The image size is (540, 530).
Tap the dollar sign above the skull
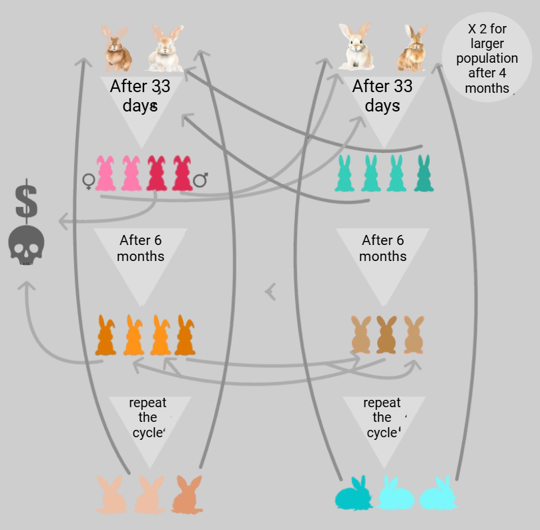click(27, 200)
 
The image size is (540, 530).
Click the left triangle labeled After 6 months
click(140, 257)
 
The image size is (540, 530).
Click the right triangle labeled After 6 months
click(382, 257)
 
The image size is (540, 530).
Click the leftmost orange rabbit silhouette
click(106, 335)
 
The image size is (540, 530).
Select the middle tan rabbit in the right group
click(386, 334)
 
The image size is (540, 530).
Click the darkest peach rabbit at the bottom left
click(188, 495)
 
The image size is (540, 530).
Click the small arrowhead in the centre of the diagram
click(271, 291)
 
